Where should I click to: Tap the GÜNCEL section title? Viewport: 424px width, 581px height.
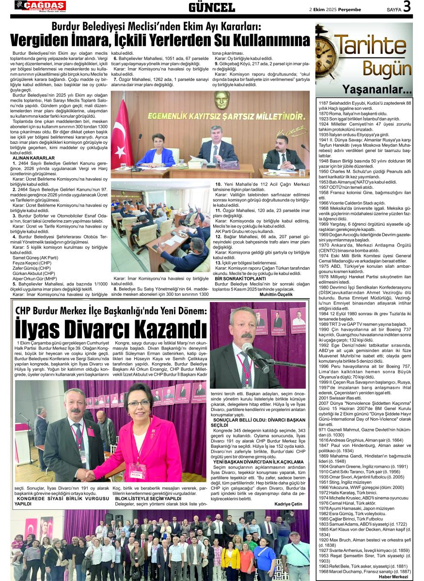coord(212,7)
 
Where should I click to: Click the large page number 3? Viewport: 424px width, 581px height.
coord(407,6)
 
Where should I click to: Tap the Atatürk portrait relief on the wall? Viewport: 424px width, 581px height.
coord(222,100)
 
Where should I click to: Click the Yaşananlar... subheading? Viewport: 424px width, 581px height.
coord(377,90)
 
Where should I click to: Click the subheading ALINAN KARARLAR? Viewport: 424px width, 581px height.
coord(33,158)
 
